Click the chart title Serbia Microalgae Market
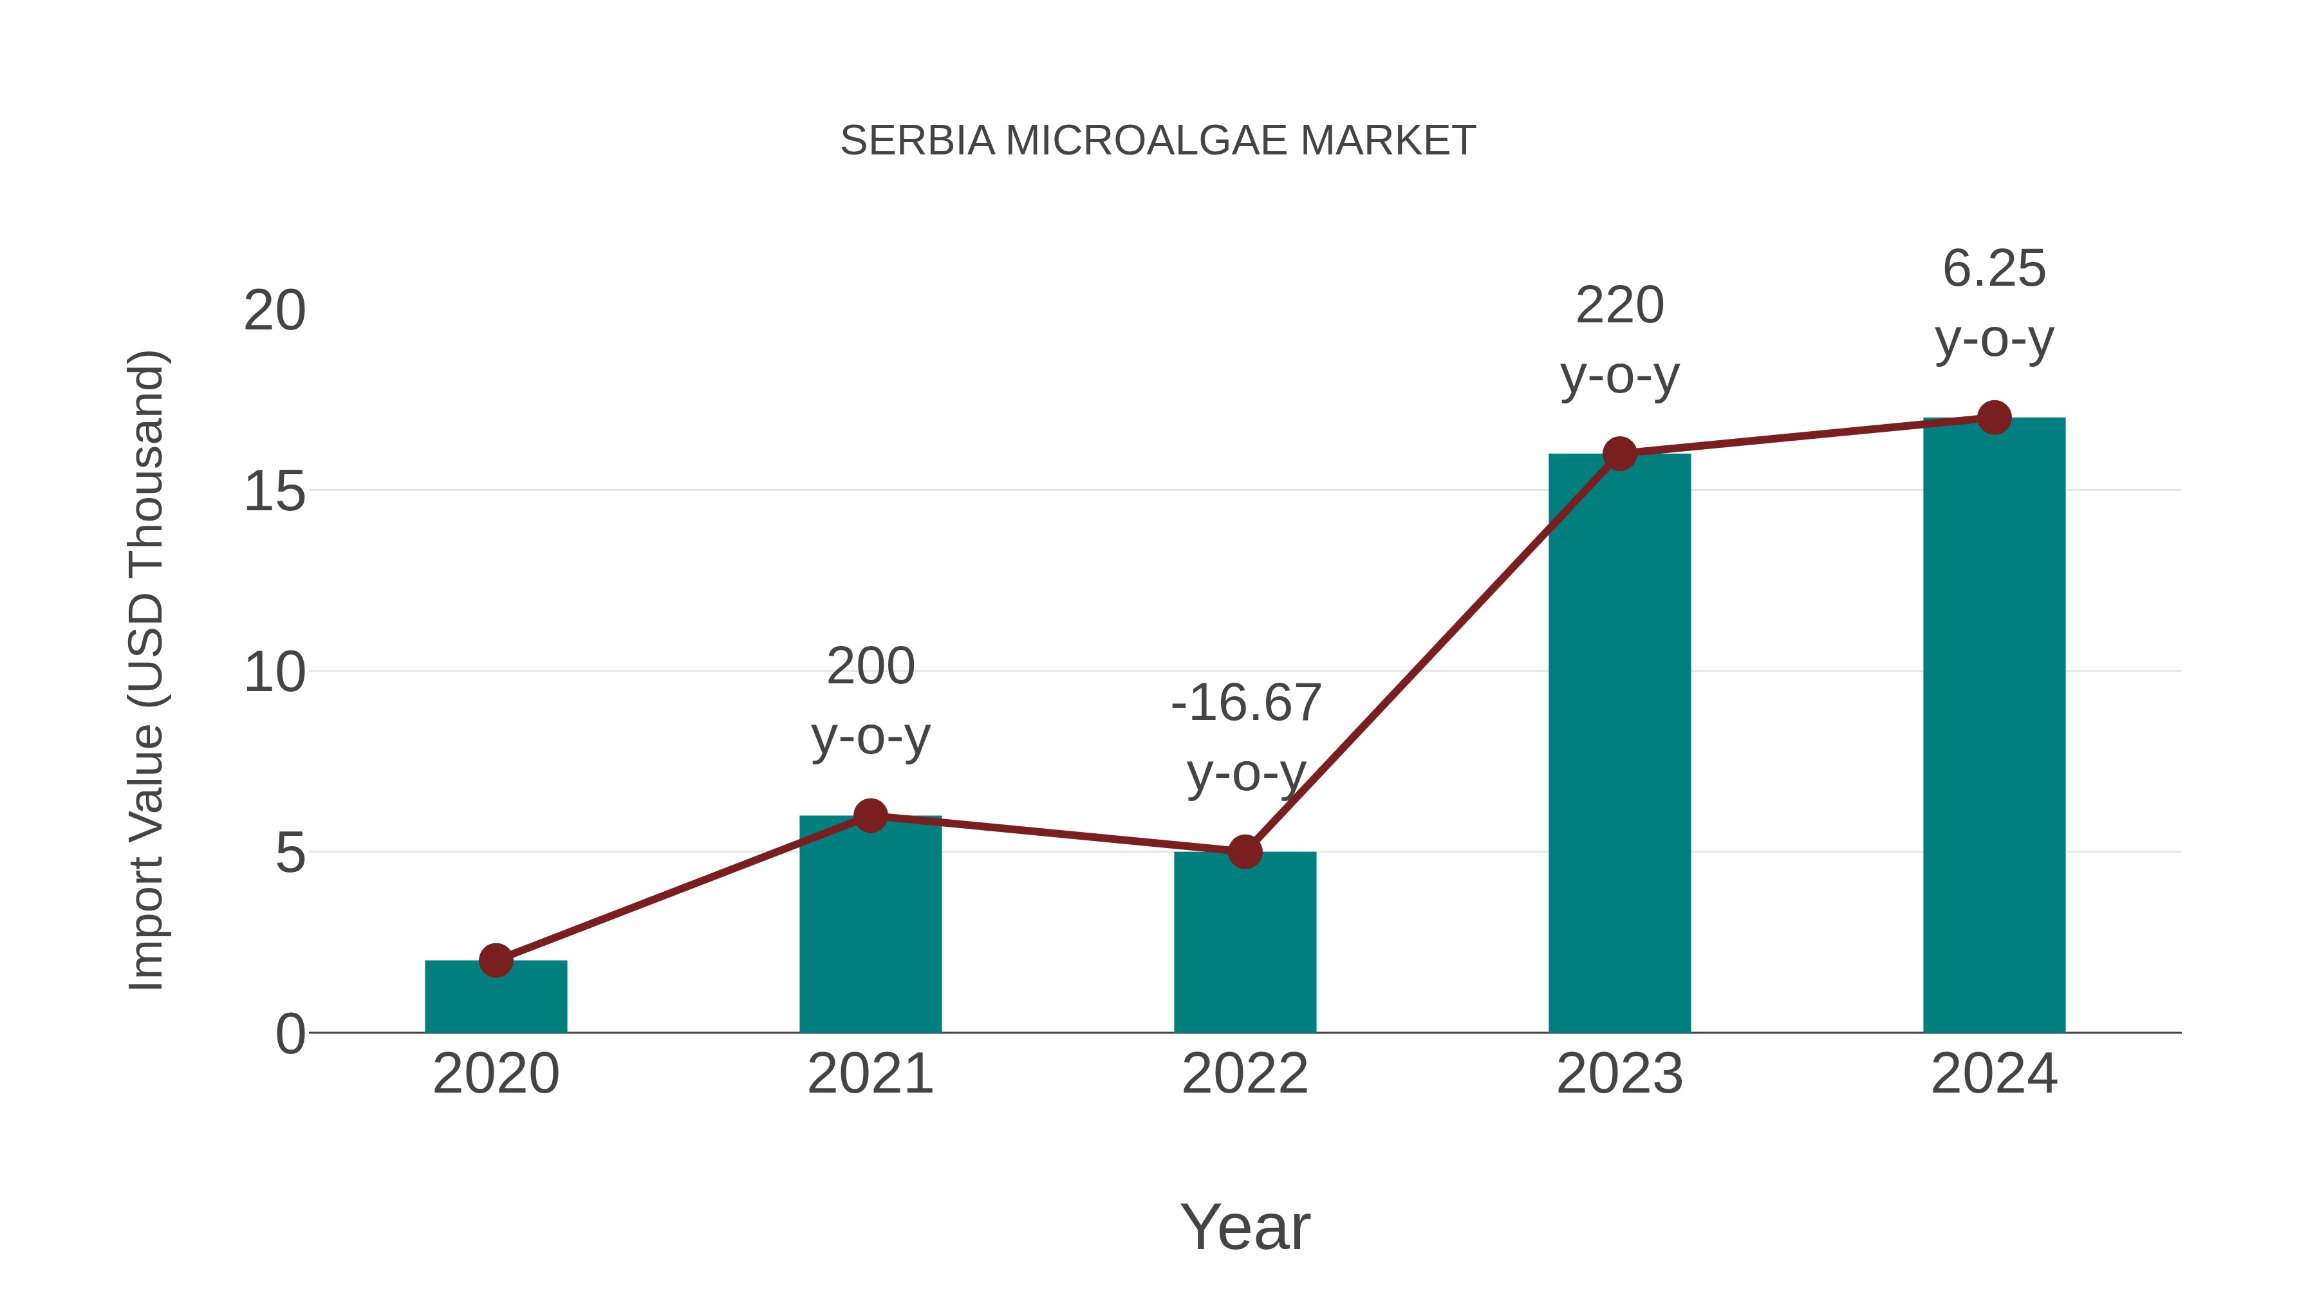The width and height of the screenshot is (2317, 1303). (x=1158, y=141)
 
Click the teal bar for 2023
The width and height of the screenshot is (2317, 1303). (x=1619, y=746)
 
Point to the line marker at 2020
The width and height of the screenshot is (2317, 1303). (x=496, y=961)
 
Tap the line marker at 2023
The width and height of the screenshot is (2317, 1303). (x=1619, y=454)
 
